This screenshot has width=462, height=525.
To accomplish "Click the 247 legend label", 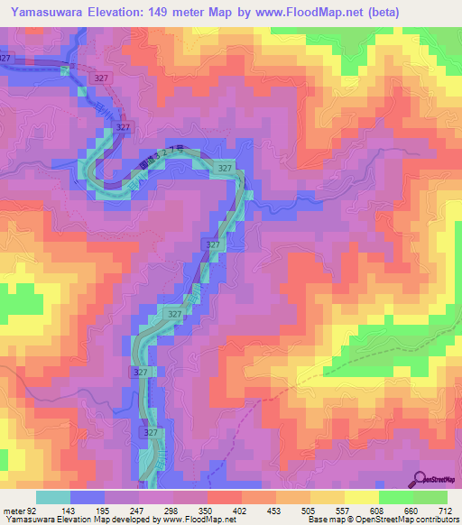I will click(x=138, y=510).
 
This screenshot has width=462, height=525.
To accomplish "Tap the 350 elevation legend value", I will click(x=207, y=510).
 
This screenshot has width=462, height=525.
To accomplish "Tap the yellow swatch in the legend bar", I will click(x=361, y=497).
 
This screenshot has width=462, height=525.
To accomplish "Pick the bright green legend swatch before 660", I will click(x=395, y=497).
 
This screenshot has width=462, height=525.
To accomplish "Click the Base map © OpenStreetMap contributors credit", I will click(x=383, y=520).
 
